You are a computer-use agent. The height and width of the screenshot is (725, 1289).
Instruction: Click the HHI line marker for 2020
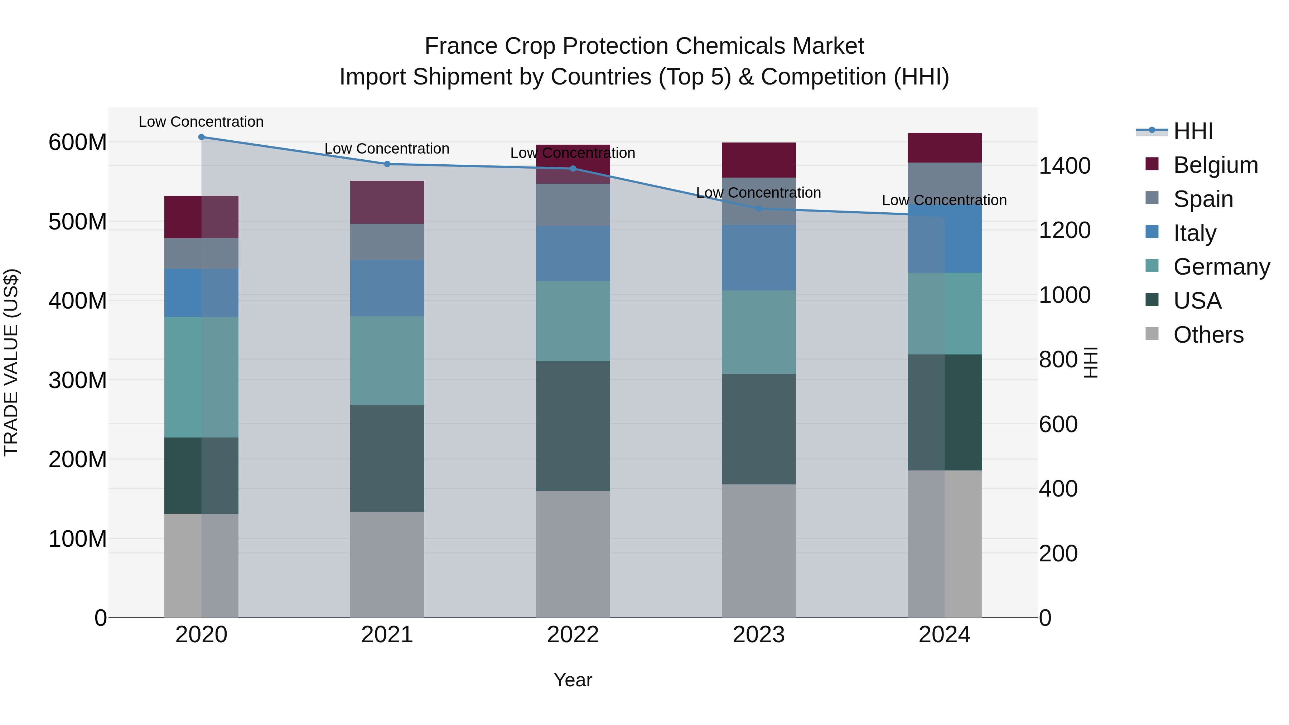[201, 137]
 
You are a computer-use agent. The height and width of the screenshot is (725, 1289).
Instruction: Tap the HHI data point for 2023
[759, 208]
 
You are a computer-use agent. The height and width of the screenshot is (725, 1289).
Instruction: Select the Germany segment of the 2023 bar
[759, 332]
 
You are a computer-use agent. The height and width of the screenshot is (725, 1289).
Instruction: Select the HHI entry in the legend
[1193, 131]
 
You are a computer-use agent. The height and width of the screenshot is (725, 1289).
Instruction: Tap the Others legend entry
[1208, 335]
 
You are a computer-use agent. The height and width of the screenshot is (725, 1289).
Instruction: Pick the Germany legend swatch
[1152, 266]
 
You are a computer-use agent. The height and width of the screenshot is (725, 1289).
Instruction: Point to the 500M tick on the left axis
[78, 222]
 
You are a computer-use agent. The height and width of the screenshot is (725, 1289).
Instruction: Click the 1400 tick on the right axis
[1065, 166]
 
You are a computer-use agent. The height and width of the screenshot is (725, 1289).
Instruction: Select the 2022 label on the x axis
[573, 635]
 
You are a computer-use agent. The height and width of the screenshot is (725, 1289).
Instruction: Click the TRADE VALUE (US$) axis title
[11, 362]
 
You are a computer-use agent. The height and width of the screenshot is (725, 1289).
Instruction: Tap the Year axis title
[573, 680]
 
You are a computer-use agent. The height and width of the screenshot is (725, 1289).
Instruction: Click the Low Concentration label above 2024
[944, 200]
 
